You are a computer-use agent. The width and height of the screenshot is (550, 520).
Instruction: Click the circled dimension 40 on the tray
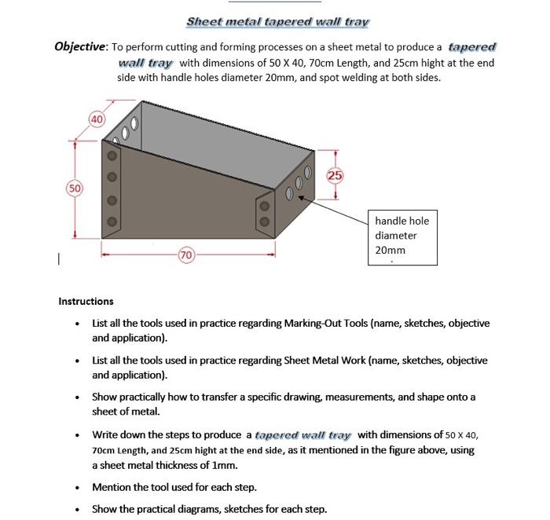click(96, 119)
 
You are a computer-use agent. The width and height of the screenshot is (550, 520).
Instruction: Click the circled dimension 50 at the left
click(74, 189)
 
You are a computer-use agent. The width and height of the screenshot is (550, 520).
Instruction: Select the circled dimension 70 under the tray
click(186, 255)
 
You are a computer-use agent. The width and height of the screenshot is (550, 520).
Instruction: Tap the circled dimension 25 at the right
click(335, 175)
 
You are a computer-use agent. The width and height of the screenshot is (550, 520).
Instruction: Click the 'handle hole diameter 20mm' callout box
click(403, 236)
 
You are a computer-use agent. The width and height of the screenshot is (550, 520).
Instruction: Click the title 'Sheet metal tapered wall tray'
click(277, 22)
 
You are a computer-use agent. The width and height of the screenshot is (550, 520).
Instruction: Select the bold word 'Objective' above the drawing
click(80, 46)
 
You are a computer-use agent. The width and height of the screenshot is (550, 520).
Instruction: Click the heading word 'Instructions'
click(86, 301)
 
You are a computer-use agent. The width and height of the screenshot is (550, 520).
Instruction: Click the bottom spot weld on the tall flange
click(112, 222)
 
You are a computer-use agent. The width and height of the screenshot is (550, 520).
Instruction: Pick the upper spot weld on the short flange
click(264, 207)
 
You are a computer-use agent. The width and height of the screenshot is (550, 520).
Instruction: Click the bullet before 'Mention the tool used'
click(76, 488)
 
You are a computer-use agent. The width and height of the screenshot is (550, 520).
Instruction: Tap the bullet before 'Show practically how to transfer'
click(76, 397)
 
